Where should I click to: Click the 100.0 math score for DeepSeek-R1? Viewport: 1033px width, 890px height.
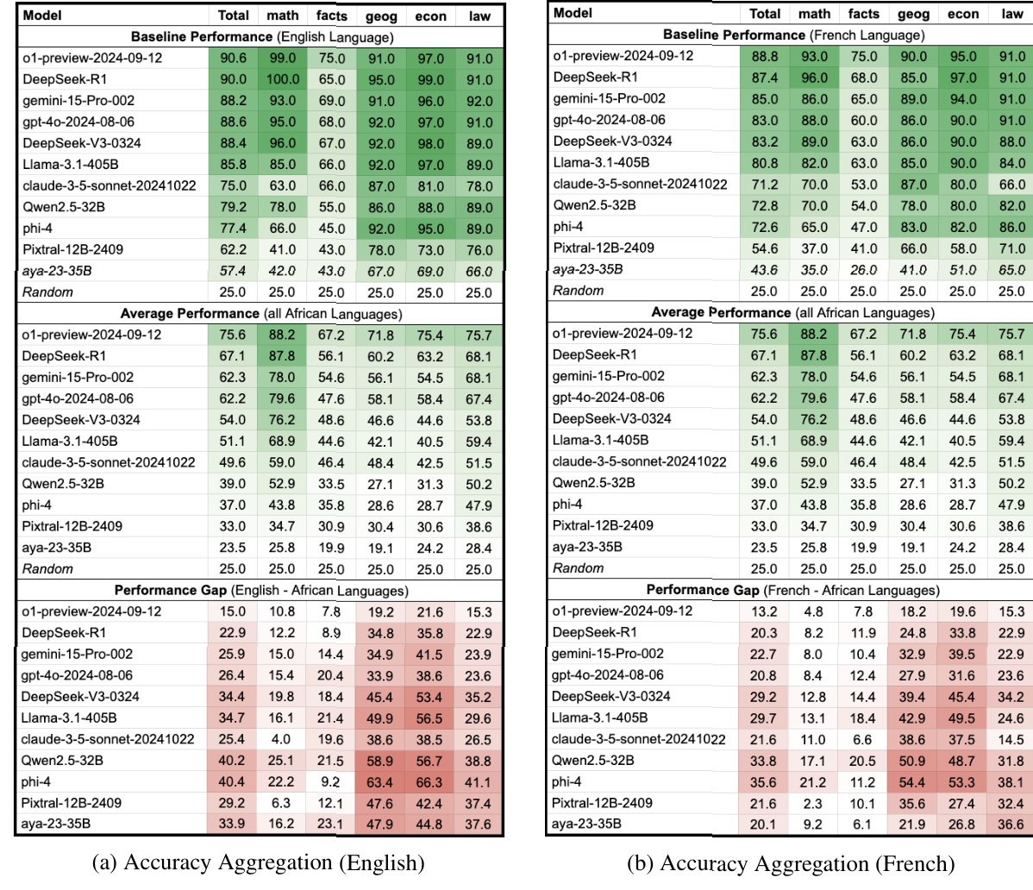click(x=282, y=79)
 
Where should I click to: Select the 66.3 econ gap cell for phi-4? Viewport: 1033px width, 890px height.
click(x=429, y=782)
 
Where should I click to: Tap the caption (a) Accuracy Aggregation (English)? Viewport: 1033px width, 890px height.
click(x=258, y=862)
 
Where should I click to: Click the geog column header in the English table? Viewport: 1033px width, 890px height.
click(x=381, y=16)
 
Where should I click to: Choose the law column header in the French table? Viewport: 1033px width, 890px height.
click(x=1011, y=14)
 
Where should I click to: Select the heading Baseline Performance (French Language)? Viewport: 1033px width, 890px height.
click(x=793, y=34)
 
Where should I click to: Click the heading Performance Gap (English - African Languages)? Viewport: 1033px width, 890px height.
click(x=261, y=591)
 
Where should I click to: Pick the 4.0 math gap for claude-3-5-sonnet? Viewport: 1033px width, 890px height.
click(x=282, y=739)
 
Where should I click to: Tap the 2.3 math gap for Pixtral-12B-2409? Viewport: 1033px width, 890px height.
click(x=814, y=803)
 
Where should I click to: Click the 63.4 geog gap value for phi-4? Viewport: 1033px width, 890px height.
click(x=381, y=782)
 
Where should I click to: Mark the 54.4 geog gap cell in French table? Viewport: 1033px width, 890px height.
click(x=913, y=782)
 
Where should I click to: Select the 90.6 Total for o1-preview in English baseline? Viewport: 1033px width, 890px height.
click(x=233, y=59)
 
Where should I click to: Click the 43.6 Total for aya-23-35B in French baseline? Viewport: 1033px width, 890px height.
click(x=764, y=269)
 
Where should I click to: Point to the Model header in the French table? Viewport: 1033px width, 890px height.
click(x=573, y=13)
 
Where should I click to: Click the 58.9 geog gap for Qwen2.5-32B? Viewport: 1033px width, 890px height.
click(x=381, y=761)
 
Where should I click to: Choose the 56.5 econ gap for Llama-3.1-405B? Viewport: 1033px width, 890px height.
click(x=429, y=718)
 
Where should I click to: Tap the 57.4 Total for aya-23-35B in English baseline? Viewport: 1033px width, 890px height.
click(x=233, y=271)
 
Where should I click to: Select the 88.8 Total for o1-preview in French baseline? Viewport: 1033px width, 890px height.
click(x=764, y=55)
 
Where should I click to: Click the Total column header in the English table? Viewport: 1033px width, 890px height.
click(x=233, y=16)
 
